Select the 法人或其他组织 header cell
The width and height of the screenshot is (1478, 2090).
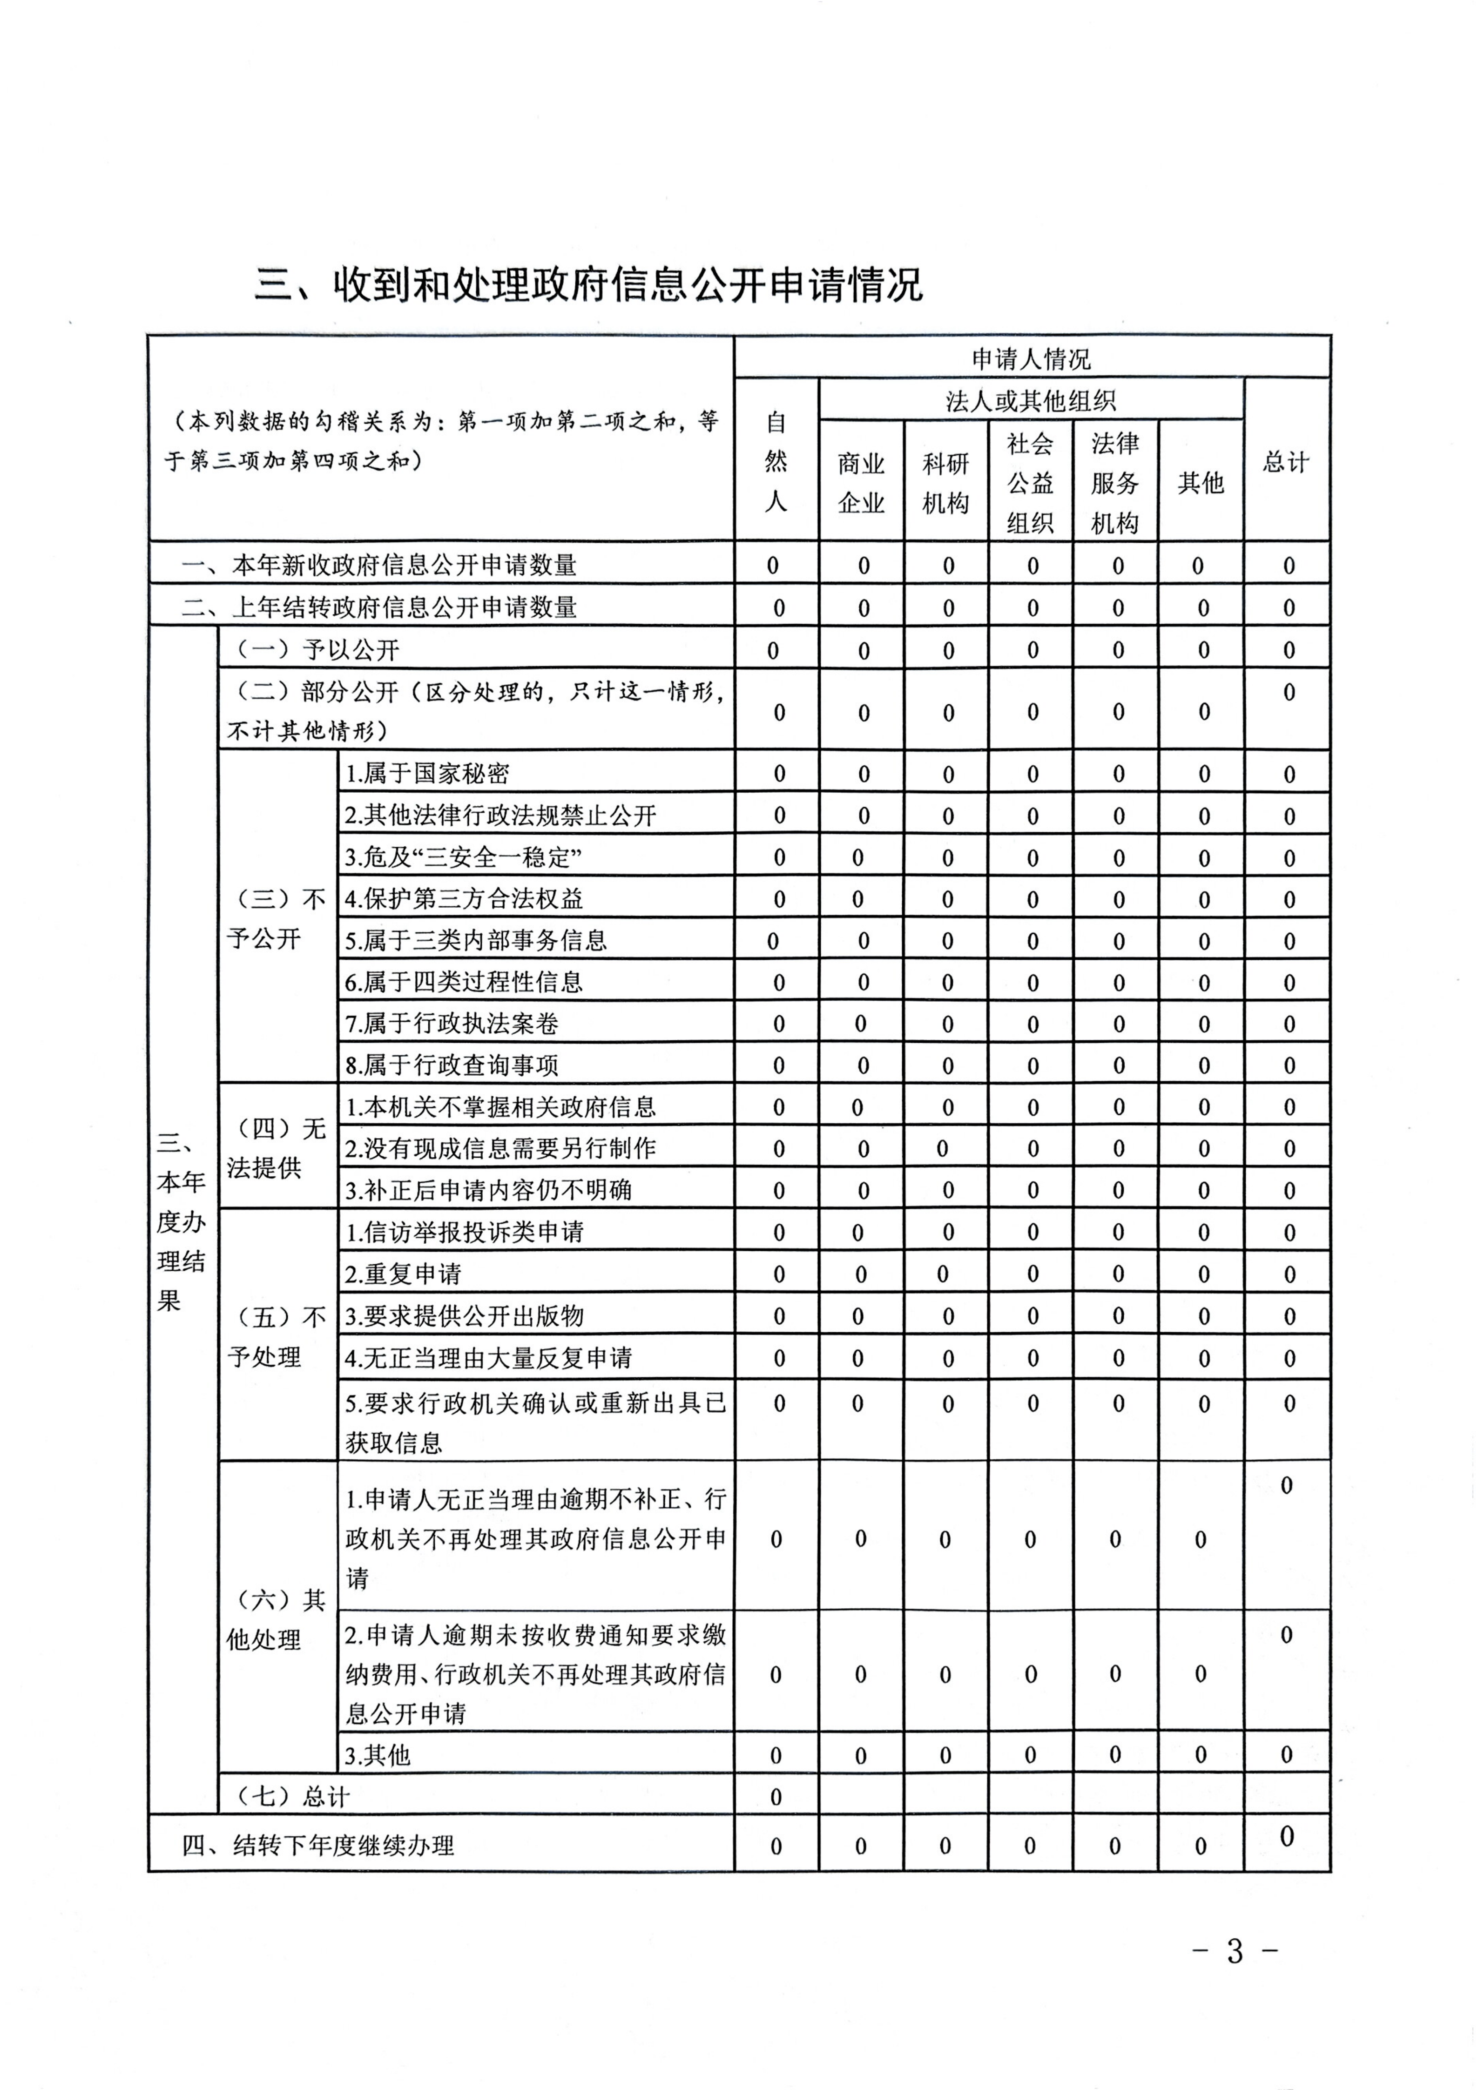coord(1031,400)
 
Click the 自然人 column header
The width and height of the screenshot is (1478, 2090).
coord(776,461)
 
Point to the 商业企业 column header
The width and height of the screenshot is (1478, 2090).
coord(861,482)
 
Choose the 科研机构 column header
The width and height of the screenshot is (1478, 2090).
coord(945,482)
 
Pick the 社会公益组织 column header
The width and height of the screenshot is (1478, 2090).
coord(1030,482)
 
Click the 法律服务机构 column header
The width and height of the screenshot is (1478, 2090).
coord(1115,482)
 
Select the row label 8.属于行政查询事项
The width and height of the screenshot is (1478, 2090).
coord(452,1065)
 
